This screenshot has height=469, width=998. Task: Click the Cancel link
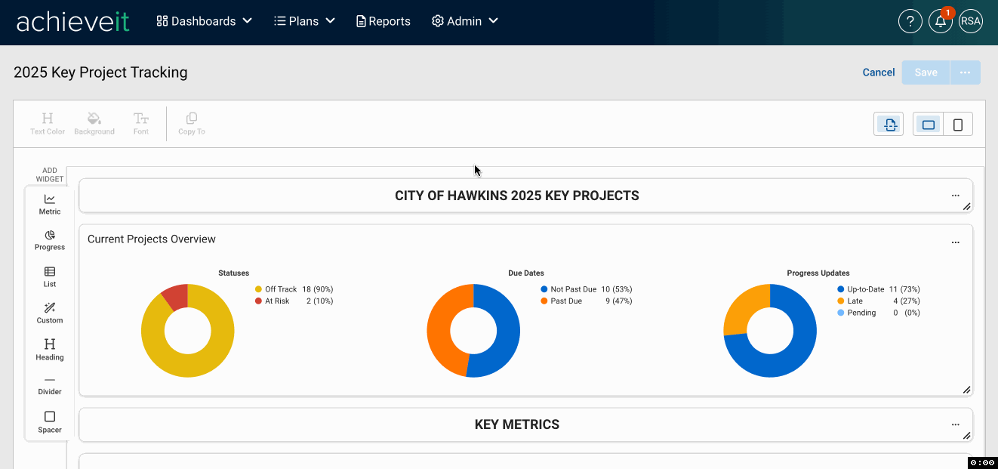coord(878,73)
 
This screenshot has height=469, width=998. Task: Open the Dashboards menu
coord(204,21)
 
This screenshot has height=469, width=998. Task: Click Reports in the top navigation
coord(383,21)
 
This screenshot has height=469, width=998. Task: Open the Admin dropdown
coord(465,21)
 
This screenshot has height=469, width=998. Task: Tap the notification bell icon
coord(940,21)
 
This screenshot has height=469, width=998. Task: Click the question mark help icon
coord(910,21)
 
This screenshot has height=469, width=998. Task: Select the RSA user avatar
coord(970,21)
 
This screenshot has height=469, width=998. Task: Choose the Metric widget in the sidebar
coord(50,205)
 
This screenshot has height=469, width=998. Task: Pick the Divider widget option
coord(50,386)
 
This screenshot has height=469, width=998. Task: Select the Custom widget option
coord(50,313)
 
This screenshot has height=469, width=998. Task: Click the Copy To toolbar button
coord(192,124)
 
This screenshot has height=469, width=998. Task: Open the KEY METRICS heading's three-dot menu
coord(955,424)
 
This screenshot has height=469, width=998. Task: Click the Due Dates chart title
coord(525,273)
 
